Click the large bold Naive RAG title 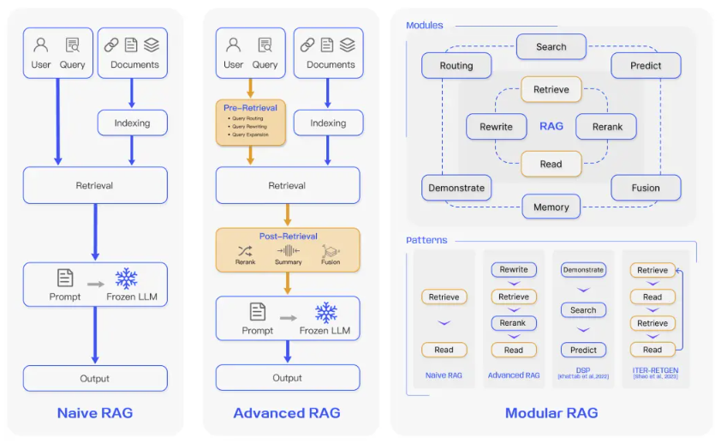click(95, 412)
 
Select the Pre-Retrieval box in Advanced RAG click(250, 122)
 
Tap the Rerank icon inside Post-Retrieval click(246, 251)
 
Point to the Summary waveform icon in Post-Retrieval click(288, 251)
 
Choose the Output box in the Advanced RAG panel click(287, 377)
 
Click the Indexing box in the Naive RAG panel click(132, 123)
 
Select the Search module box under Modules click(551, 47)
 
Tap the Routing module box click(456, 65)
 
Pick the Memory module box click(551, 207)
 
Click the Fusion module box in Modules click(646, 188)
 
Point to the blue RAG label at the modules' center click(551, 126)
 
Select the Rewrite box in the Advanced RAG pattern click(514, 270)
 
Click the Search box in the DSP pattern click(583, 310)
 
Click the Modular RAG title click(551, 412)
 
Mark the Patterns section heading click(426, 240)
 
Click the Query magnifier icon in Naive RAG click(72, 45)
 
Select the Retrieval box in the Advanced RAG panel click(287, 185)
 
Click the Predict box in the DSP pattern click(583, 350)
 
